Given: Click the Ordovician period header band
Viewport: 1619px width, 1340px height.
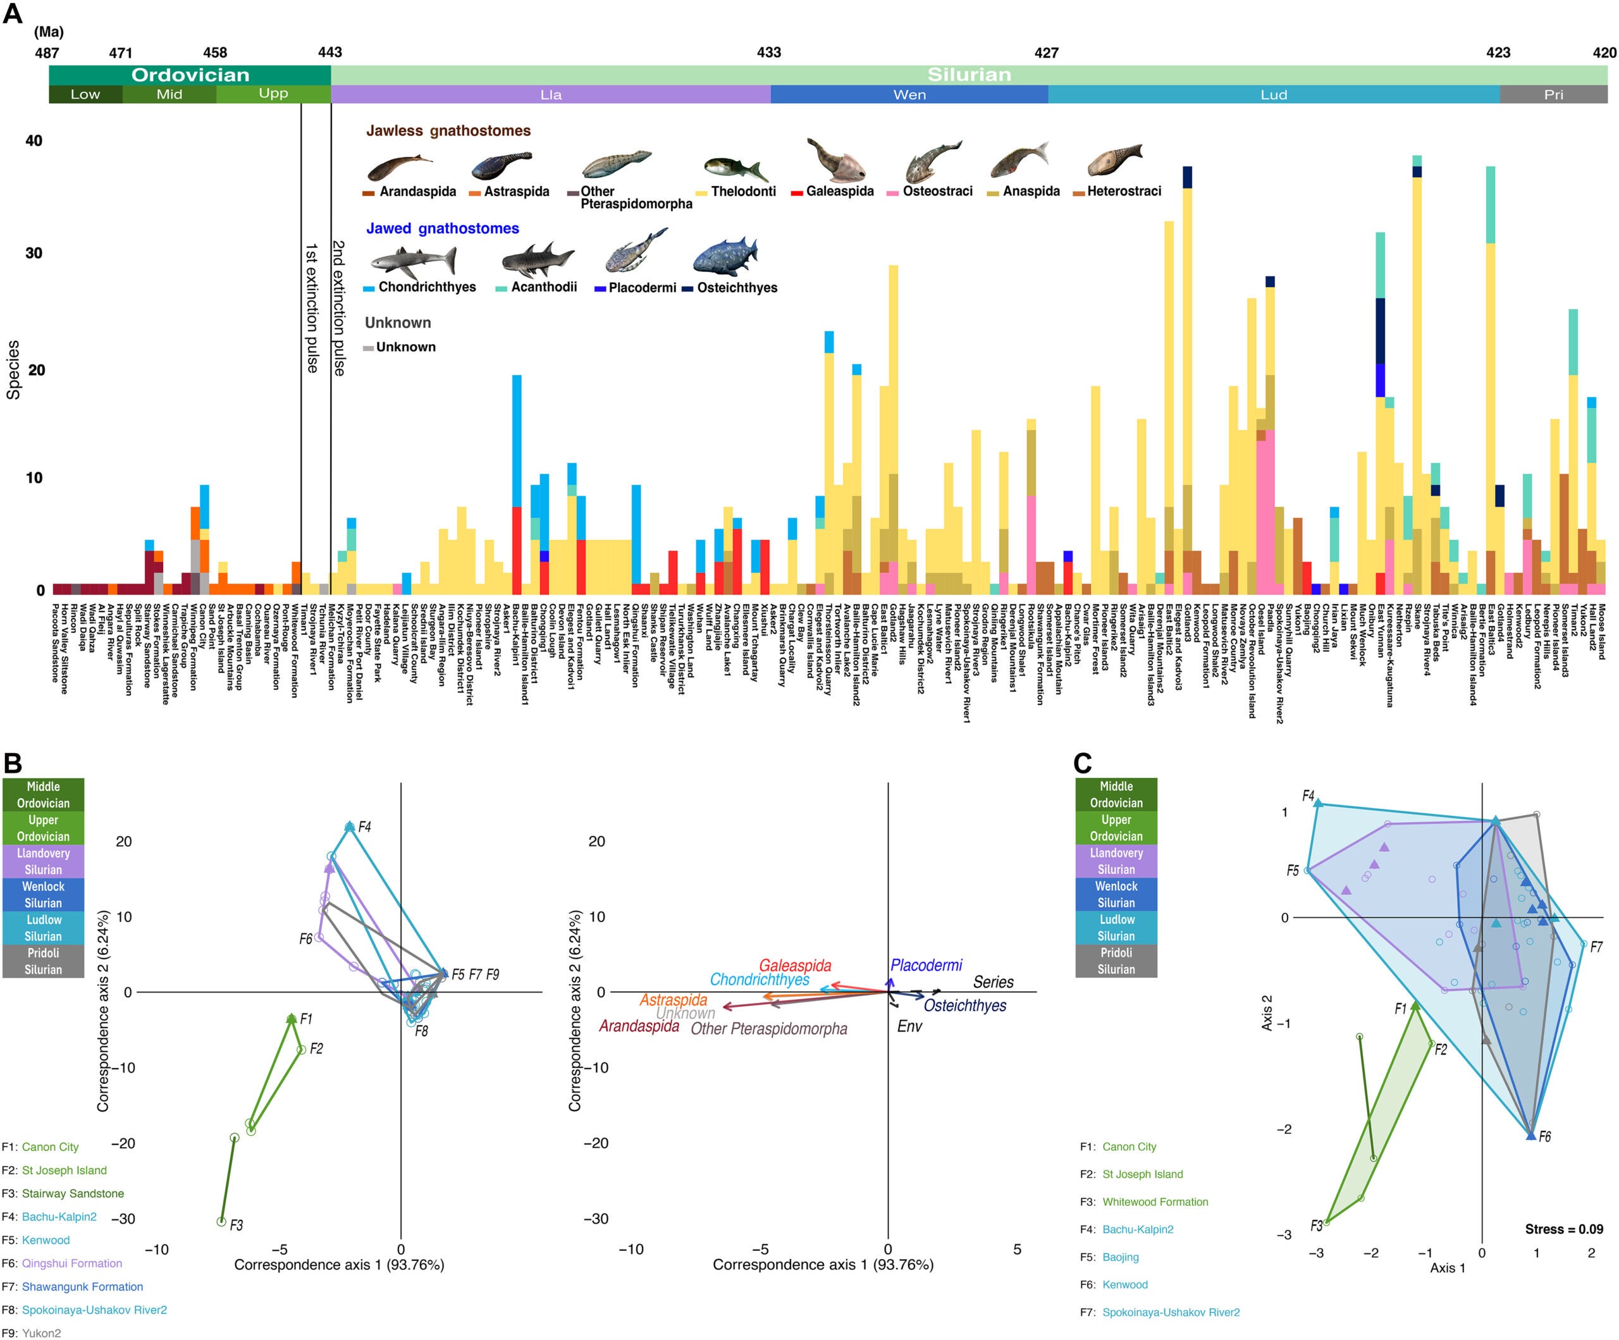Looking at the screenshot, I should click(x=190, y=75).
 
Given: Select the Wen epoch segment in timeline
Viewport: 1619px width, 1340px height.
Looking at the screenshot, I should click(x=909, y=95).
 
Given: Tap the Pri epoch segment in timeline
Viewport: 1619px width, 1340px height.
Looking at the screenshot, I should click(x=1553, y=95).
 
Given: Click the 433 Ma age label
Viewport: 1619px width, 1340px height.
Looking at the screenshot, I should click(x=768, y=52).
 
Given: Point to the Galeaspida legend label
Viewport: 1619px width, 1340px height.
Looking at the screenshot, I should click(x=840, y=191).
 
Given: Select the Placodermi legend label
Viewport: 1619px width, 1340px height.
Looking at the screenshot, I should click(x=641, y=288).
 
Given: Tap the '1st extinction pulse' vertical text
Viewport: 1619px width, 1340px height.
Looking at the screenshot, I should click(x=311, y=309).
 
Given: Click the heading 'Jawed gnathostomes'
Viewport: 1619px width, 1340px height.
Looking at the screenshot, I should click(x=442, y=228).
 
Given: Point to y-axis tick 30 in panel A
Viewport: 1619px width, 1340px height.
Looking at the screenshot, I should click(x=34, y=253).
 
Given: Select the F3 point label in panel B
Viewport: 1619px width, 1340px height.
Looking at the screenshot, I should click(x=236, y=1224).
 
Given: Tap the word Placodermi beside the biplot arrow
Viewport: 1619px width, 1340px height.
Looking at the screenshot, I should click(x=926, y=965).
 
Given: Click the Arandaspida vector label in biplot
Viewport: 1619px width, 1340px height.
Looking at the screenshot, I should click(x=639, y=1026).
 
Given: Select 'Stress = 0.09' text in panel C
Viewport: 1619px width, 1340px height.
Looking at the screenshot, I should click(x=1563, y=1229).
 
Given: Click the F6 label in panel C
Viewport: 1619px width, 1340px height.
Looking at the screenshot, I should click(x=1544, y=1136).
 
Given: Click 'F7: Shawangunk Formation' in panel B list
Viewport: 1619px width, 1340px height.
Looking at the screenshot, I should click(x=73, y=1286).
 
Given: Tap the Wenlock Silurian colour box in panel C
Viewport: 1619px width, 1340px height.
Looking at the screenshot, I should click(x=1116, y=894).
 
